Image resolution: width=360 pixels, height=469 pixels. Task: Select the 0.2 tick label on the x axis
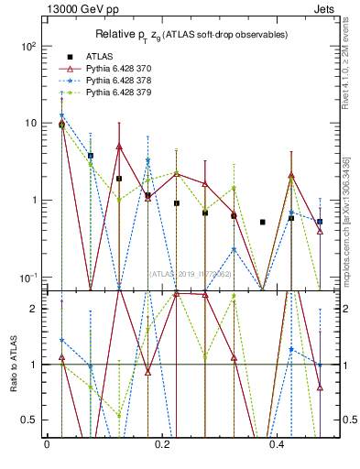coord(162,444)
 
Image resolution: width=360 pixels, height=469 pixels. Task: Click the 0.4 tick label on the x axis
coord(279,444)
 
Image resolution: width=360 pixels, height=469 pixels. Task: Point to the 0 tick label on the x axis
coord(47,444)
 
